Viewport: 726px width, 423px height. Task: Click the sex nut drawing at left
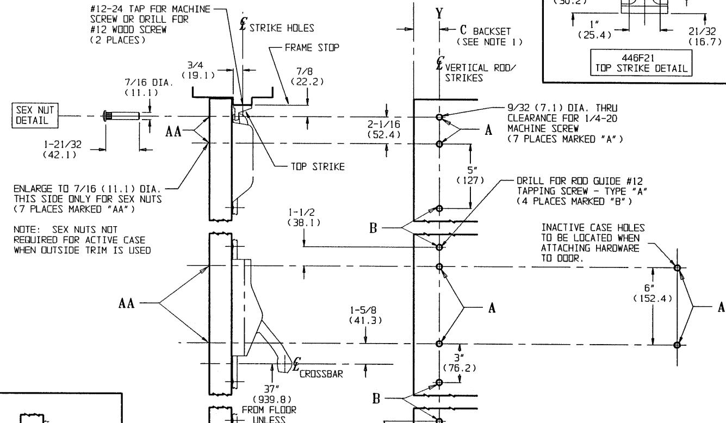[121, 116]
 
